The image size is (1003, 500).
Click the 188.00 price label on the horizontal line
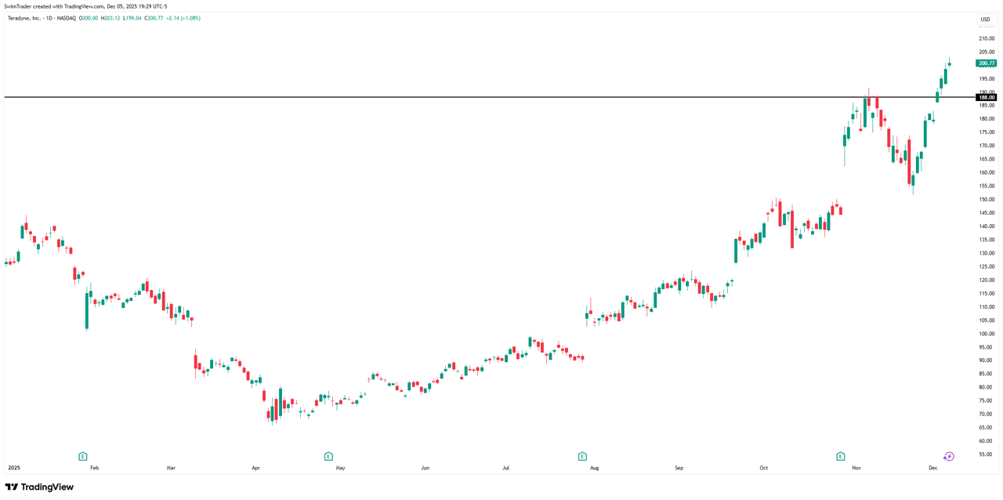(986, 98)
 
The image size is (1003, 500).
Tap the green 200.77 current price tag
(986, 63)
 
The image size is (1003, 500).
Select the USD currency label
(985, 20)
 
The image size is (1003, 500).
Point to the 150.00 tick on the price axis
(986, 200)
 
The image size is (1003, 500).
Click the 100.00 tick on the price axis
(986, 334)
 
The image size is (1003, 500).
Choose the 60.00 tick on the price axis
(986, 441)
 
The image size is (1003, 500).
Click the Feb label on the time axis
(95, 468)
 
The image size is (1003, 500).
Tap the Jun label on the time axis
(425, 468)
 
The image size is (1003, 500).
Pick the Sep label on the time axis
(679, 468)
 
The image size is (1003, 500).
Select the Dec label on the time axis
(932, 468)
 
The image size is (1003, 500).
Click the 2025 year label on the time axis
(14, 468)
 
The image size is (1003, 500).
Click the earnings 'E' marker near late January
(83, 456)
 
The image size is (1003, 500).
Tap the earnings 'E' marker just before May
(328, 456)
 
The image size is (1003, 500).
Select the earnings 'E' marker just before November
(841, 456)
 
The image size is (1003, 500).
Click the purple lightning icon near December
(948, 456)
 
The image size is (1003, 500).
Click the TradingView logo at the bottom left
(39, 487)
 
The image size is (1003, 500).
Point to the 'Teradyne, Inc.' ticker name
(24, 18)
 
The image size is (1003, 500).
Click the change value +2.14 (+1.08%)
(183, 18)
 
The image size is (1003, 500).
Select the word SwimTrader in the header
(17, 6)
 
